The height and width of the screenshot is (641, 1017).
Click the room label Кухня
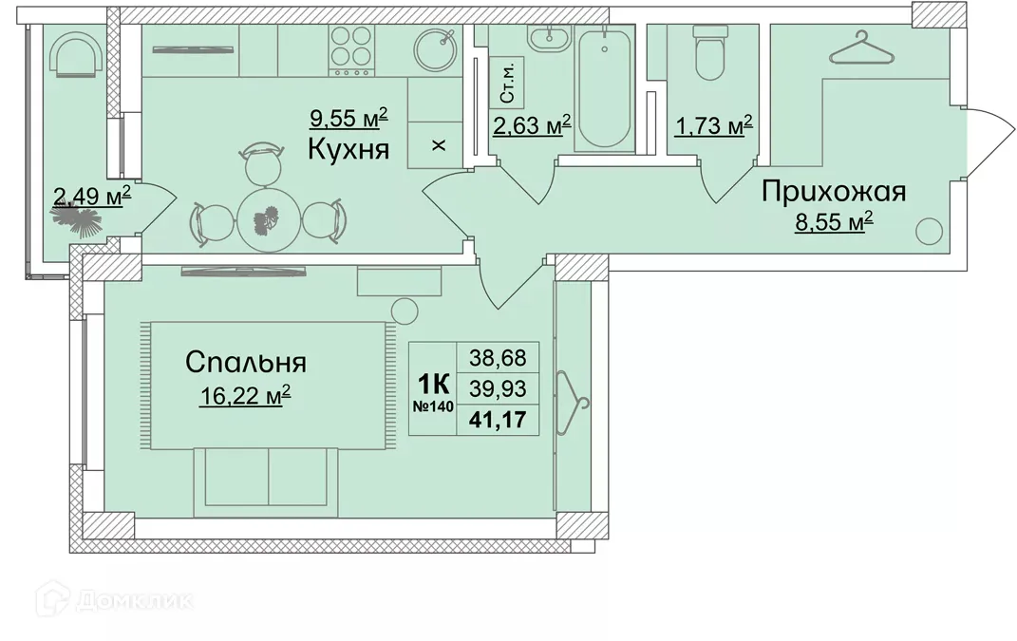(x=348, y=148)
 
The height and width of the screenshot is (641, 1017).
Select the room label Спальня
(x=245, y=363)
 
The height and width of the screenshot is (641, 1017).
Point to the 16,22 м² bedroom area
(x=244, y=395)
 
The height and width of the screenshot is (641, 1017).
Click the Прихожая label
(x=834, y=192)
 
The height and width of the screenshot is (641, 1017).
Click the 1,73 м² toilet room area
(x=712, y=124)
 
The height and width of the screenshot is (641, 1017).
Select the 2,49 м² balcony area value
(x=92, y=197)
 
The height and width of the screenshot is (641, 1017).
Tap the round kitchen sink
(x=439, y=48)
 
